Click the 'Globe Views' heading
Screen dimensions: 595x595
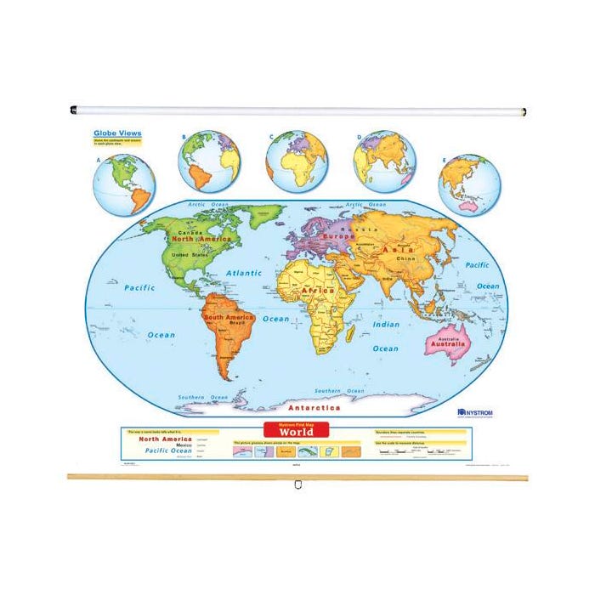click(x=117, y=133)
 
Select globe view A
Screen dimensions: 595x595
click(x=124, y=184)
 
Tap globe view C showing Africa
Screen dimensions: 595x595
click(x=297, y=161)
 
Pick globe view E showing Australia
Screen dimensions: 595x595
click(x=469, y=185)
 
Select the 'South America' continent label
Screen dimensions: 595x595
click(x=227, y=317)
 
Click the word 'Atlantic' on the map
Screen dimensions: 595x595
click(x=244, y=273)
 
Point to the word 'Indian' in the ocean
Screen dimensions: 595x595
click(x=385, y=324)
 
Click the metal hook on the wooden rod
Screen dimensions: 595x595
click(x=297, y=484)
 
